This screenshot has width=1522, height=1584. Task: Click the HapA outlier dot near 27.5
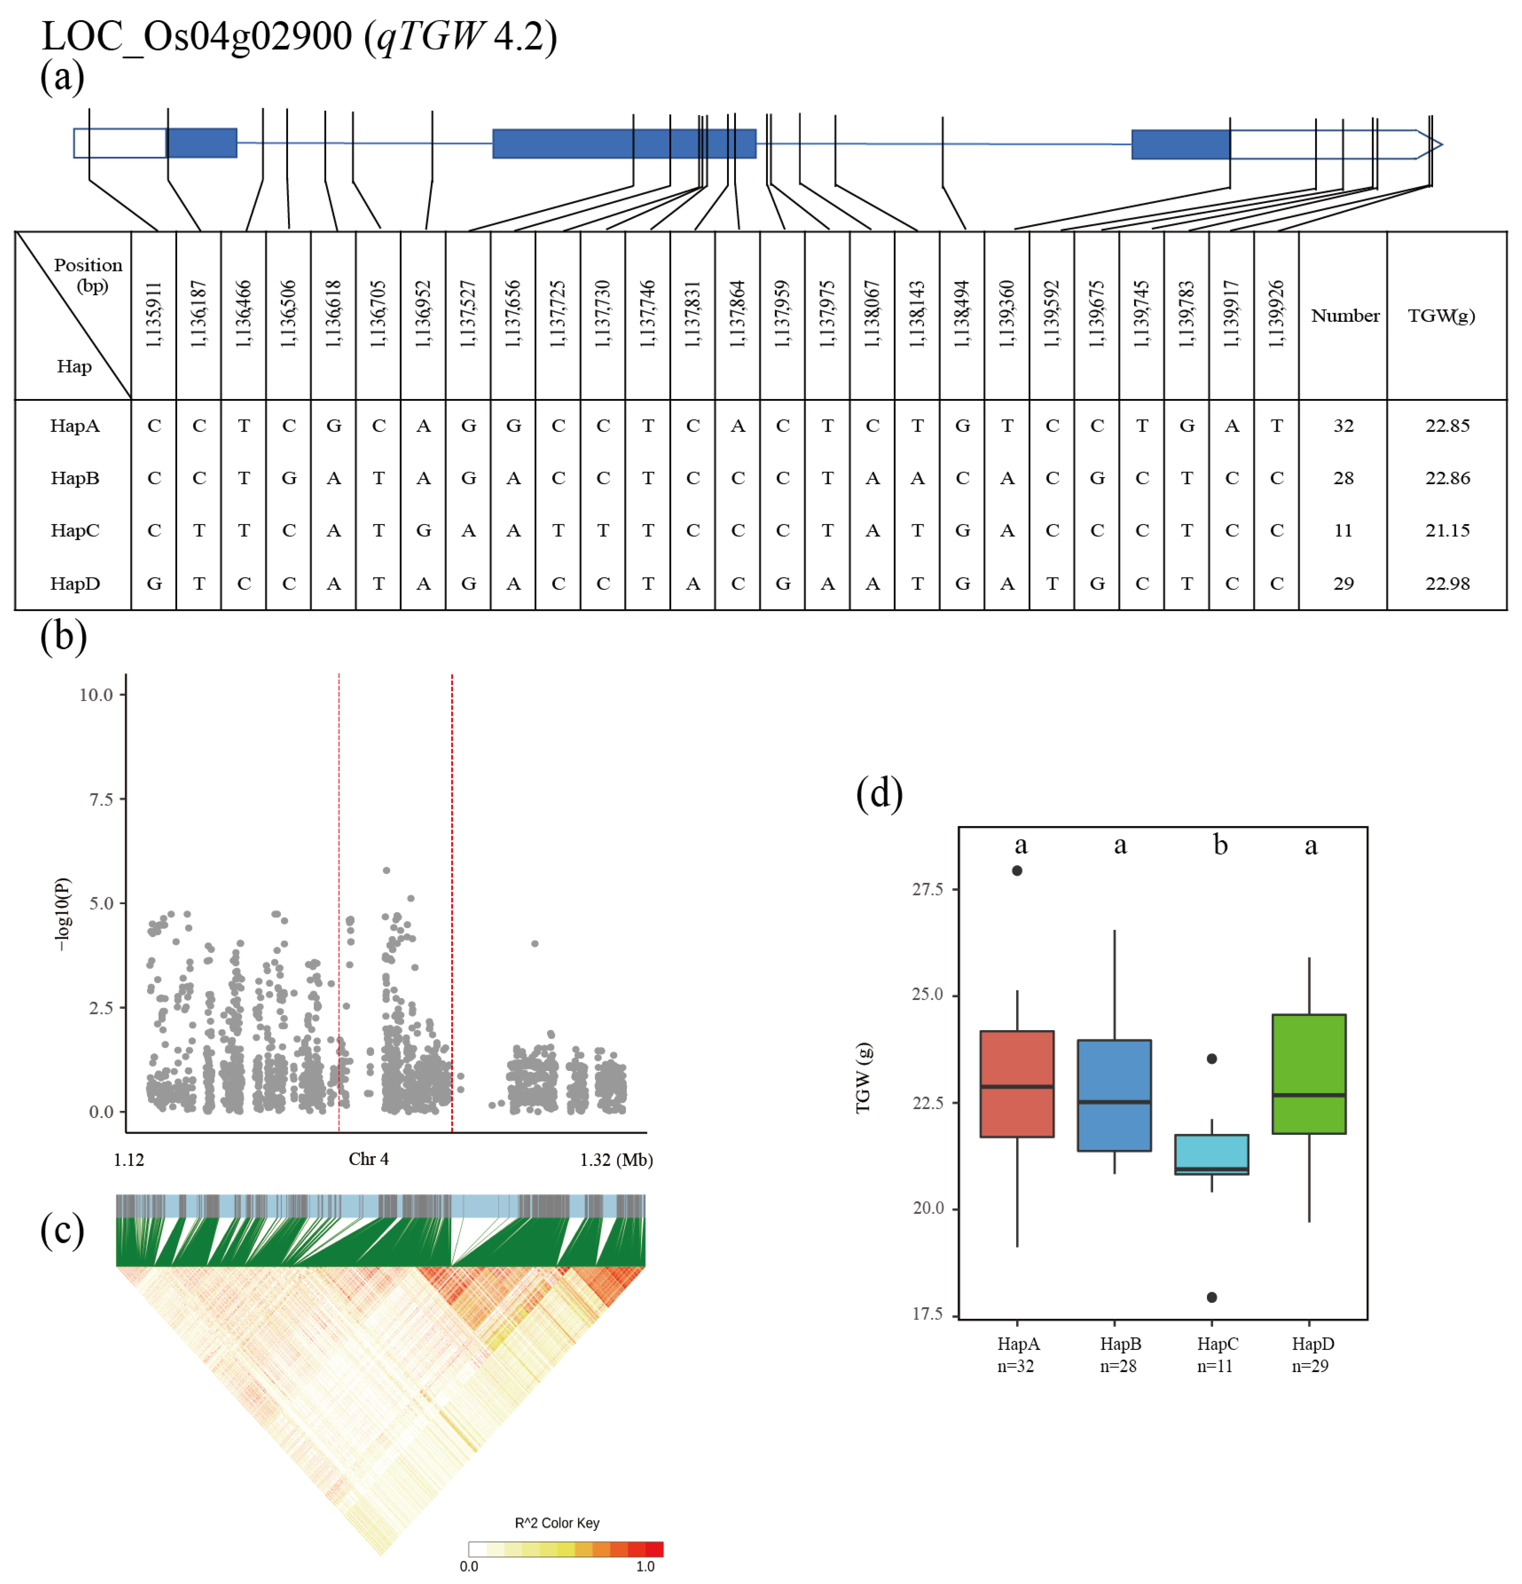[x=1017, y=870]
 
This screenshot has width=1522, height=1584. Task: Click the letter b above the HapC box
[x=1220, y=845]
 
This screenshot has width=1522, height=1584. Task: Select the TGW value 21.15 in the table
[x=1447, y=530]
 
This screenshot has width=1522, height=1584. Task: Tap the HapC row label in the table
[x=75, y=530]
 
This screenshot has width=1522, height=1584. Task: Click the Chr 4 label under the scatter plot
[x=368, y=1159]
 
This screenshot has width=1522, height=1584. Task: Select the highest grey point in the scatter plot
[x=386, y=870]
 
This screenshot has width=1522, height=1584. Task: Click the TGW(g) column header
[x=1441, y=315]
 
